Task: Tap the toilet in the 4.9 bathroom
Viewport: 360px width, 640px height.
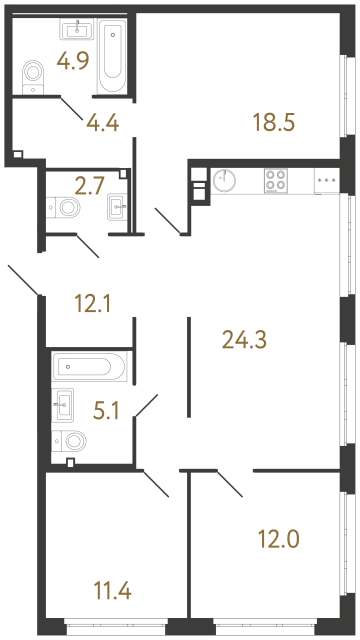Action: (32, 73)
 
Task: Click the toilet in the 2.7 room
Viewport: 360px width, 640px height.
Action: (67, 208)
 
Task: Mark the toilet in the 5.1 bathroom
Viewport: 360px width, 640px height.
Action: (73, 440)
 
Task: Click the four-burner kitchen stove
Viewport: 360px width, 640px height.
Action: (277, 180)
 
